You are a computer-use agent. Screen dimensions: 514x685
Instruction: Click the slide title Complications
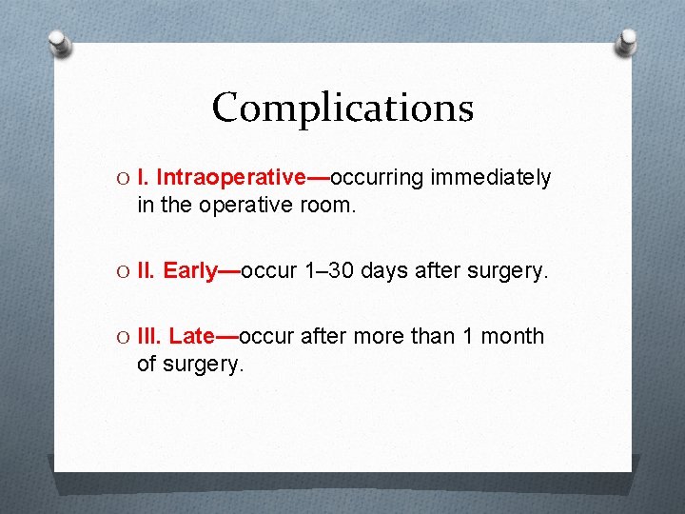[x=342, y=108]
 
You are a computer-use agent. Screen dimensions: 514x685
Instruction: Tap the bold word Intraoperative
[x=230, y=178]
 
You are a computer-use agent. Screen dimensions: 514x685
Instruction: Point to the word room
[x=330, y=204]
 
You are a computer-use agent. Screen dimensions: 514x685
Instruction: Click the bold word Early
[x=190, y=270]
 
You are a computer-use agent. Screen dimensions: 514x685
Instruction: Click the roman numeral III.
[x=149, y=336]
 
